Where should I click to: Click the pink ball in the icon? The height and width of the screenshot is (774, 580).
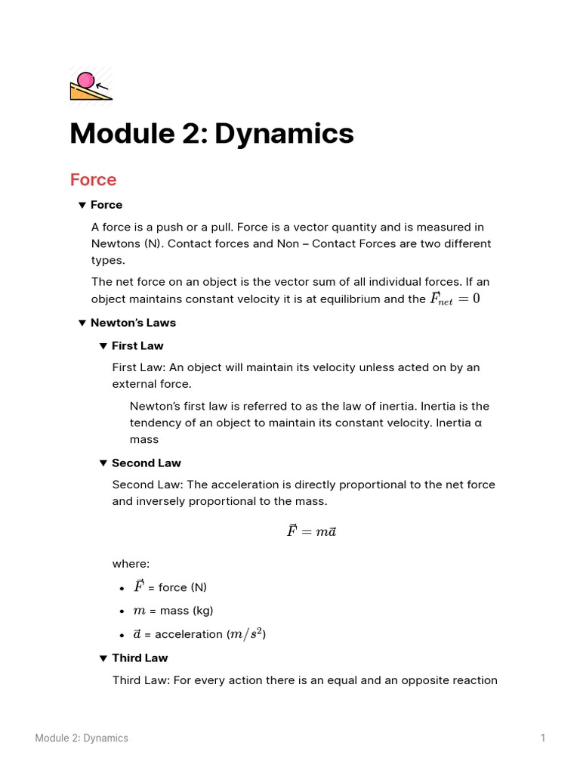click(86, 79)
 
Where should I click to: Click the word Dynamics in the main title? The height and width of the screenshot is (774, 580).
click(284, 134)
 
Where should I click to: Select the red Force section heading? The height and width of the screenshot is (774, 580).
click(93, 180)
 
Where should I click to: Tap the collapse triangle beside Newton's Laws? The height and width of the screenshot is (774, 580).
click(82, 323)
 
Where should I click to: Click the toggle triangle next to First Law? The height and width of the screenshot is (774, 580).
click(103, 346)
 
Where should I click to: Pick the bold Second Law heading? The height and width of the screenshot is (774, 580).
click(147, 463)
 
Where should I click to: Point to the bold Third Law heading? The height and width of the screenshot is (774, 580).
click(140, 658)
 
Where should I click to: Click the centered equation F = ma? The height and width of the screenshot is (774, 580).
click(311, 531)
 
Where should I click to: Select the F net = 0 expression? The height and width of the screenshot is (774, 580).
click(455, 299)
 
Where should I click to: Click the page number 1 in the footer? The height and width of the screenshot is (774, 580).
click(542, 738)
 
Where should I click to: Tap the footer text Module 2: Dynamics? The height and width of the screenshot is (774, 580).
click(82, 738)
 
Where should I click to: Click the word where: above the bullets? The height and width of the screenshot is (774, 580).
click(131, 564)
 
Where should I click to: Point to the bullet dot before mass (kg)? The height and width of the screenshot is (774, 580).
click(122, 611)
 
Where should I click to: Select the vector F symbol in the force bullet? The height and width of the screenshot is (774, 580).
click(138, 587)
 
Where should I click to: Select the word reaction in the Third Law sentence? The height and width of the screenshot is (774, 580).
click(472, 680)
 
